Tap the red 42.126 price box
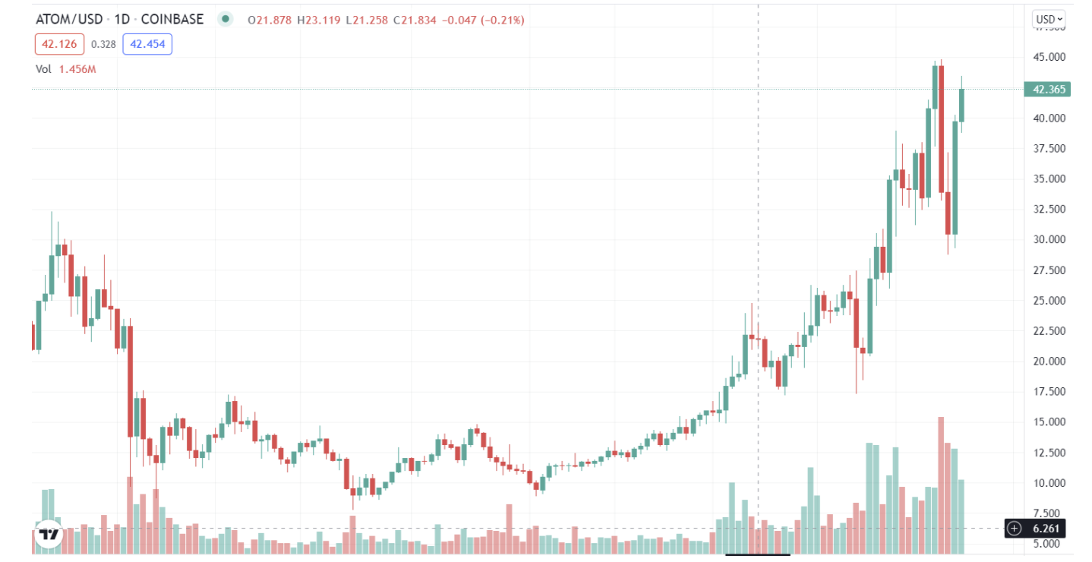point(58,44)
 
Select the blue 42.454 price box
point(147,44)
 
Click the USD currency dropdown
point(1049,19)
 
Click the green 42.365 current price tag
point(1049,90)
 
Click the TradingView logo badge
point(49,532)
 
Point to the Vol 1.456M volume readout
point(66,69)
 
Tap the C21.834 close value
point(415,20)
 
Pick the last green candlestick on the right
point(961,105)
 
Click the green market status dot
point(225,19)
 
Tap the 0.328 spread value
point(103,44)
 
